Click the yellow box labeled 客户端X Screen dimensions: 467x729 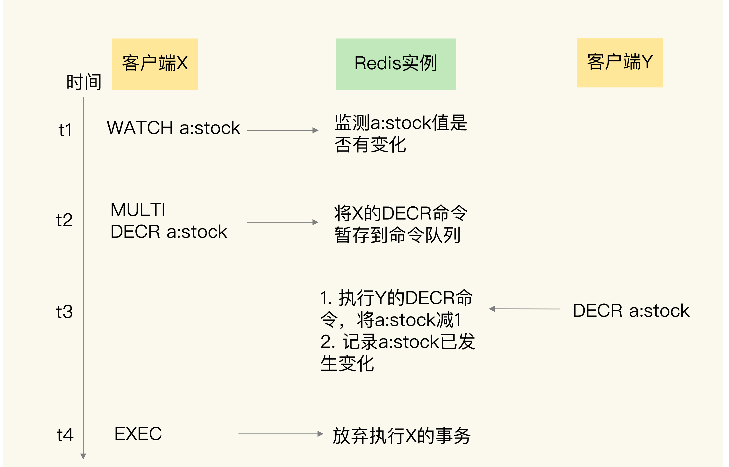[155, 64]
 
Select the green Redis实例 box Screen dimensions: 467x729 [396, 64]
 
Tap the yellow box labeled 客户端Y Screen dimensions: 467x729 [620, 63]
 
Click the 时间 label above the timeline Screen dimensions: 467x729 [84, 82]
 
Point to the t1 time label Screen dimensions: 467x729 [65, 130]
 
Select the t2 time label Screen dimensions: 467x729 [64, 220]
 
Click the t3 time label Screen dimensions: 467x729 [64, 312]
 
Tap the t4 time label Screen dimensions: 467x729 [65, 435]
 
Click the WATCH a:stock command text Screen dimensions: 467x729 [174, 128]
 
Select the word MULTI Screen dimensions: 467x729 [138, 210]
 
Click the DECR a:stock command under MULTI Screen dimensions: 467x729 [169, 232]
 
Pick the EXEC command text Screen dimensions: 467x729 [138, 434]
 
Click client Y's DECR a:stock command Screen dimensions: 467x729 [631, 311]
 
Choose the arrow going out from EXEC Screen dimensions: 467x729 [280, 434]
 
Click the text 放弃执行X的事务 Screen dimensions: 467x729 [401, 436]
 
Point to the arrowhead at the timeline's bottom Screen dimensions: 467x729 [83, 456]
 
